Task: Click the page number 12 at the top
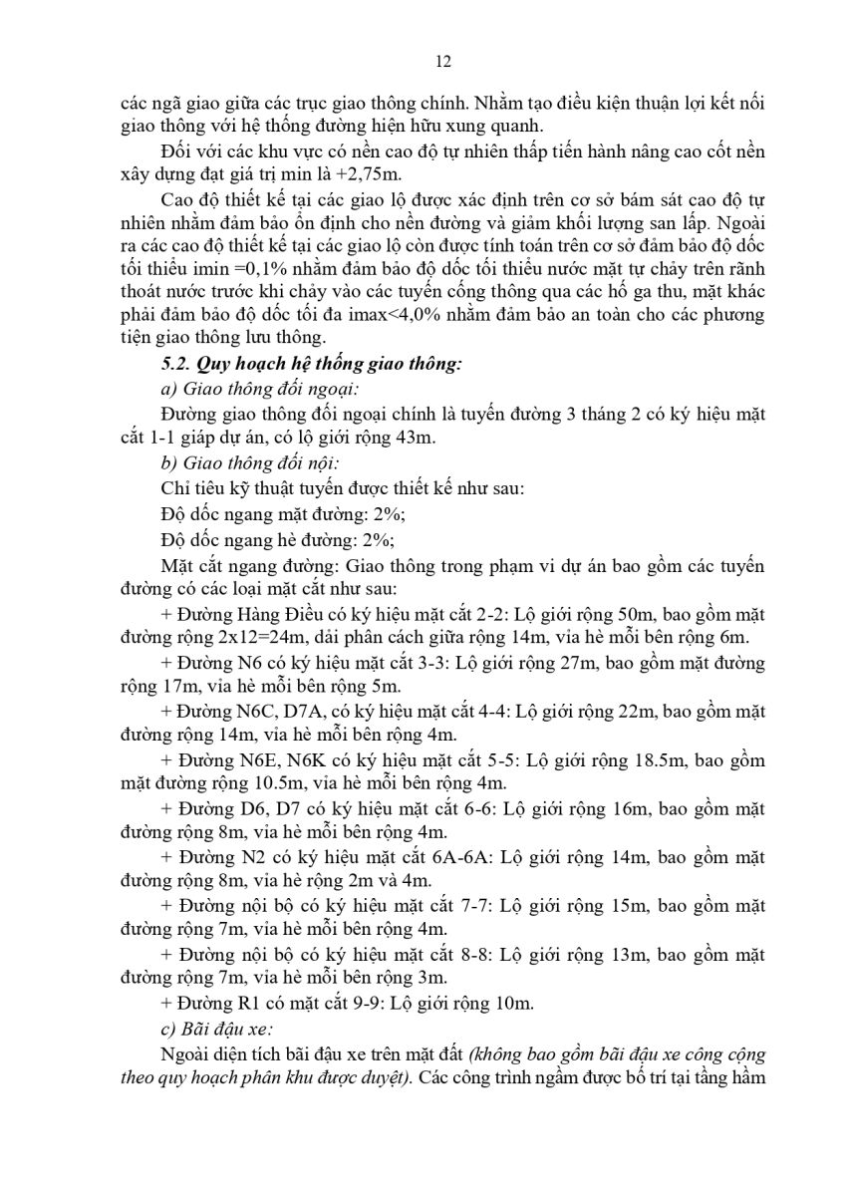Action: coord(444,61)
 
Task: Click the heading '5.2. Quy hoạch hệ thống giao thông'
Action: coord(311,364)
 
